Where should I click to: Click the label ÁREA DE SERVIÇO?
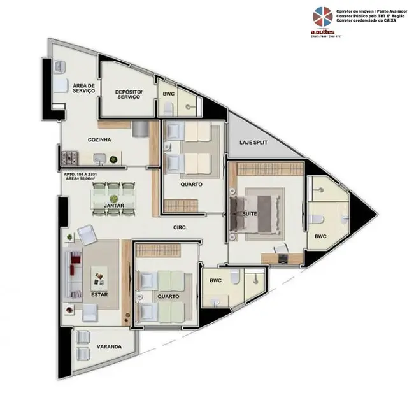tap(83, 88)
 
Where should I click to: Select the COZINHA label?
tap(99, 139)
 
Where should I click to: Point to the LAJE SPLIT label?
tap(253, 143)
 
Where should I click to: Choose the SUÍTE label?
tap(250, 213)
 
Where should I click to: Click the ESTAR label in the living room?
tap(98, 294)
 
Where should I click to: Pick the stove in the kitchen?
tap(69, 157)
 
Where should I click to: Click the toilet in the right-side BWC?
tap(317, 218)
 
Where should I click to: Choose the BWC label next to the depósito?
tap(168, 94)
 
